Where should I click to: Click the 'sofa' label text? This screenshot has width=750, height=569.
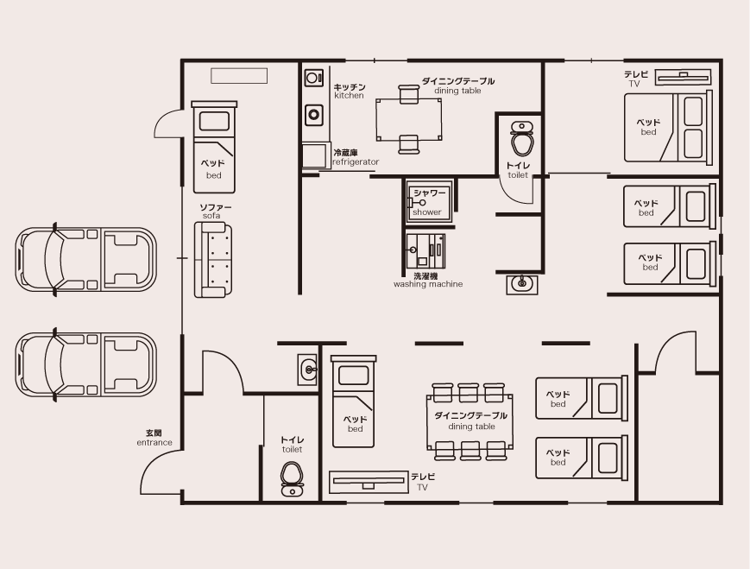[211, 216]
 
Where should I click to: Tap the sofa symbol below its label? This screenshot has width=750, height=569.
[213, 260]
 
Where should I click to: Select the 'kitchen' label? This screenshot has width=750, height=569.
[349, 95]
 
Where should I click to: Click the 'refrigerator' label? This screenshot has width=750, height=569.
[356, 161]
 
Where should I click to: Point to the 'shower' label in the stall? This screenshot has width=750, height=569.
[426, 212]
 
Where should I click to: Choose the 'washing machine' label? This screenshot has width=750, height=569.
[428, 284]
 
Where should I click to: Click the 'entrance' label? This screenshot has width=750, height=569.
[154, 442]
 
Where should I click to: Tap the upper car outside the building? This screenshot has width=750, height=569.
[85, 258]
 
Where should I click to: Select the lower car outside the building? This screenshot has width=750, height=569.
[85, 364]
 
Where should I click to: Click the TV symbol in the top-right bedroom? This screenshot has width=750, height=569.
[683, 77]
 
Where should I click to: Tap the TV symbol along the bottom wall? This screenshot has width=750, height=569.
[368, 481]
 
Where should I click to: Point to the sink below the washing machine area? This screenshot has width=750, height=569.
[522, 284]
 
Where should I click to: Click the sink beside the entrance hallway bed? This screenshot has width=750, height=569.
[307, 370]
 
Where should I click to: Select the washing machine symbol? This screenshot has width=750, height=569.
[425, 251]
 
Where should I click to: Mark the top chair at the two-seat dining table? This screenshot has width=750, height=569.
[408, 94]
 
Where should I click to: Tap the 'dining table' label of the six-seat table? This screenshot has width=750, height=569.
[471, 427]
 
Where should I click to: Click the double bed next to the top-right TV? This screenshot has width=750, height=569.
[668, 128]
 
